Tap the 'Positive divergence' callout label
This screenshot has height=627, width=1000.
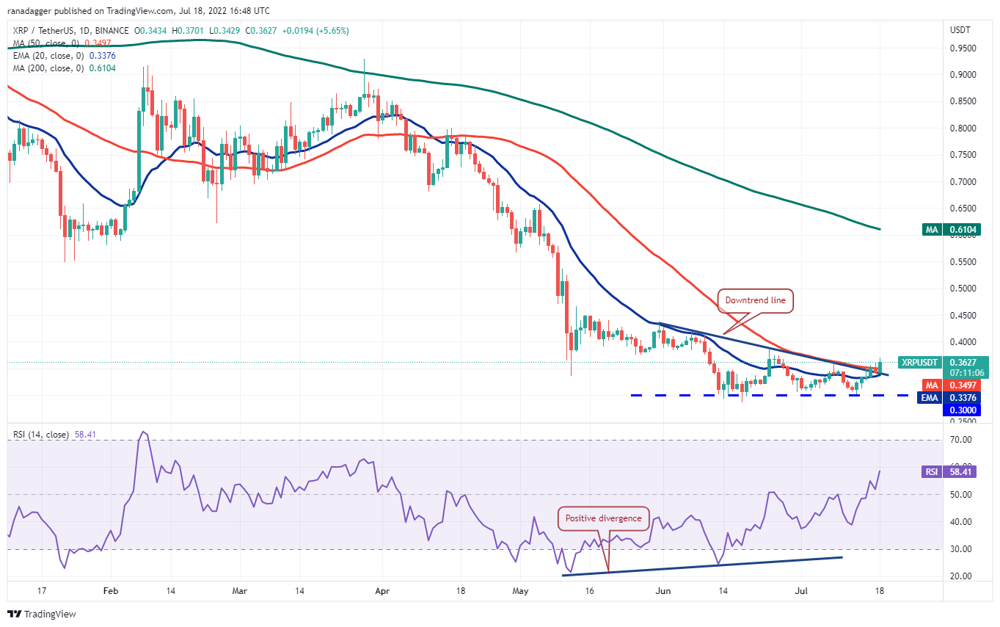click(603, 518)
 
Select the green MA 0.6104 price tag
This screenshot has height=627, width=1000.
click(951, 230)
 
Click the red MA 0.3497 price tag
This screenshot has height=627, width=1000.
click(951, 385)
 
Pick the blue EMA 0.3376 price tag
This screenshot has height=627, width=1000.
click(951, 398)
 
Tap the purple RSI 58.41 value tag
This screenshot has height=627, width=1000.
click(951, 472)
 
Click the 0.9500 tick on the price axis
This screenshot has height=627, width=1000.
click(963, 48)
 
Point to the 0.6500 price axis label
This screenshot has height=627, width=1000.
click(963, 209)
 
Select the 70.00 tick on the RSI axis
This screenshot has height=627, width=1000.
click(962, 440)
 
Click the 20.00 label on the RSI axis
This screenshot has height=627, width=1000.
click(962, 576)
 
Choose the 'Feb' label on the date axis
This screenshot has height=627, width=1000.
click(110, 590)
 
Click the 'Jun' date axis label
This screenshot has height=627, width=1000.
click(663, 590)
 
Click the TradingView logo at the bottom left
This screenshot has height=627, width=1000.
click(43, 614)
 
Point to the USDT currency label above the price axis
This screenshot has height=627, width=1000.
click(960, 30)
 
